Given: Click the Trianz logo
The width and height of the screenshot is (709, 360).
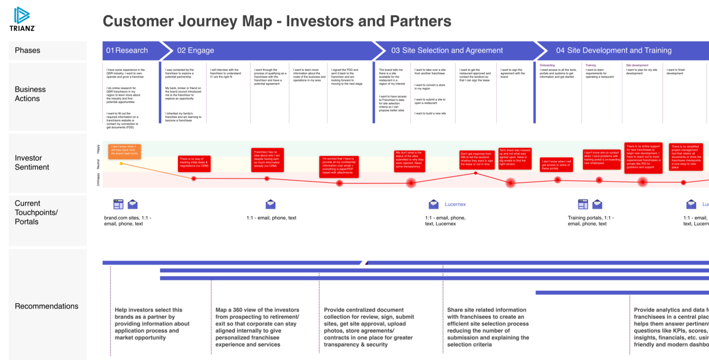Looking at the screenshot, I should pos(22,19).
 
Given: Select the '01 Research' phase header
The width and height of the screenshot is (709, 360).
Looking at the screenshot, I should pos(127,50).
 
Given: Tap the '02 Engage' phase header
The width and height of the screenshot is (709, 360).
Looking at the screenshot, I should pos(196,50).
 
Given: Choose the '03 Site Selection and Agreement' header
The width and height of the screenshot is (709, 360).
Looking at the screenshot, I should pos(447,50).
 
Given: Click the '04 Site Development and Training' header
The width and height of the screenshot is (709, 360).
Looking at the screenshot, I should pos(614,50).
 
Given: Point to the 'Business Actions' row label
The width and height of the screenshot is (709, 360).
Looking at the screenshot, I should pos(30,94).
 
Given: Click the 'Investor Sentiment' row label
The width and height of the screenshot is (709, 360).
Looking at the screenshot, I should pos(32,162).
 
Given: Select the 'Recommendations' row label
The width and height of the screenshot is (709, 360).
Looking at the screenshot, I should pos(47,306).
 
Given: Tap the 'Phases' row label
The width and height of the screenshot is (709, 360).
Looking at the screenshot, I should pos(28,50).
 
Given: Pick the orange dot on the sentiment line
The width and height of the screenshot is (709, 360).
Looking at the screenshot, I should pos(121,164).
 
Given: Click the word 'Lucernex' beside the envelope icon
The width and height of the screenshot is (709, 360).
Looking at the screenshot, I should pos(455,204).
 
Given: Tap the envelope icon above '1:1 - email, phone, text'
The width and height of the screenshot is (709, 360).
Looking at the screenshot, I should pos(270,204).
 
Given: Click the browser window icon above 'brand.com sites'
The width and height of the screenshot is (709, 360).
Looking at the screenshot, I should pos(118,204).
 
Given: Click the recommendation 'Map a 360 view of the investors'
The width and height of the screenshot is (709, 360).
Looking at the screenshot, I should pos(257,327).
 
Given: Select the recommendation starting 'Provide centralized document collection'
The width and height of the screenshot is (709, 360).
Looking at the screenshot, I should pos(369,327).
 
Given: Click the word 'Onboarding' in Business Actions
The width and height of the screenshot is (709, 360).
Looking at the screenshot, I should pos(547,65).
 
